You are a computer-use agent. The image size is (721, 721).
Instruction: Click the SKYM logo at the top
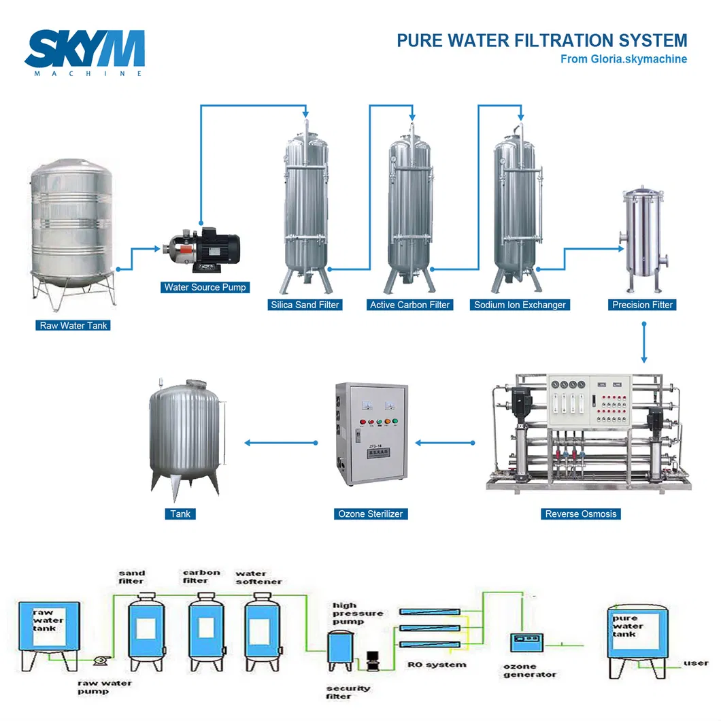[x=84, y=51]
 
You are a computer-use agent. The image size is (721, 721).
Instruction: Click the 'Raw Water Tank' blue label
[x=73, y=326]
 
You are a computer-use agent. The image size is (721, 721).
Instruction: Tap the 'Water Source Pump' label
[x=205, y=288]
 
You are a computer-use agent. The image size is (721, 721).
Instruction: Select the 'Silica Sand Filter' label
[x=304, y=305]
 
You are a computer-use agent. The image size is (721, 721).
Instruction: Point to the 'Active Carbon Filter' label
[x=409, y=305]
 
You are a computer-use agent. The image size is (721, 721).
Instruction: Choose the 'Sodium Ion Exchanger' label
[x=520, y=305]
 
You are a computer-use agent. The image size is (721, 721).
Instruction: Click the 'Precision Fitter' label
[x=642, y=305]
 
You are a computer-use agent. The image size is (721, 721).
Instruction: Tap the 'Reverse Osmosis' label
[x=580, y=514]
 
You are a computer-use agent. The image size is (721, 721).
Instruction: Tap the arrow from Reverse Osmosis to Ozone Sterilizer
[x=446, y=443]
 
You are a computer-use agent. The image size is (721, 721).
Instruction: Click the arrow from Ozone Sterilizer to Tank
[x=281, y=443]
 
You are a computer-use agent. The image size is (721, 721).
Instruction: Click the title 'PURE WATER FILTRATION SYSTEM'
[x=541, y=40]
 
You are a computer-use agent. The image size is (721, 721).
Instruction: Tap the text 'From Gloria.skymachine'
[x=623, y=59]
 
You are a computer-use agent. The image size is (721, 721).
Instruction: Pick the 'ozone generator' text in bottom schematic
[x=529, y=670]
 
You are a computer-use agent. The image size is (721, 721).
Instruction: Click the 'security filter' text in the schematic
[x=348, y=692]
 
